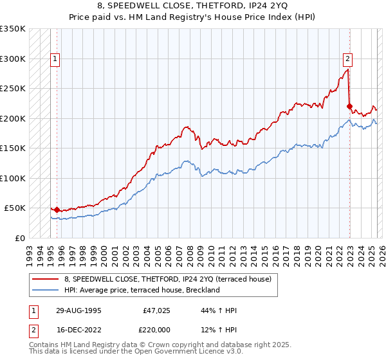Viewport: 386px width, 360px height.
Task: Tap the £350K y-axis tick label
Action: coord(13,29)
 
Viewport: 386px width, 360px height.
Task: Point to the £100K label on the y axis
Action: coord(13,178)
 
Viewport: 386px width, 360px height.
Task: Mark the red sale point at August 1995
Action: coord(57,210)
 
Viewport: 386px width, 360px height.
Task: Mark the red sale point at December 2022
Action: coord(349,107)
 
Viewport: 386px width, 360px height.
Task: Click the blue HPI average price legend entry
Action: coord(142,290)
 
